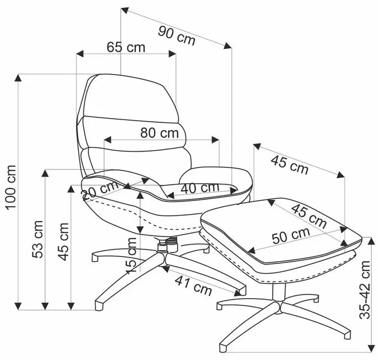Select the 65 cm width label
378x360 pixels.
click(126, 47)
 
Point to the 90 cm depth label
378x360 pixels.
click(176, 35)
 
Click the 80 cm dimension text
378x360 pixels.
click(159, 133)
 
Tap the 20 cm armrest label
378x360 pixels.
click(101, 189)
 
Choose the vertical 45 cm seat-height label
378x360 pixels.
click(63, 241)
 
